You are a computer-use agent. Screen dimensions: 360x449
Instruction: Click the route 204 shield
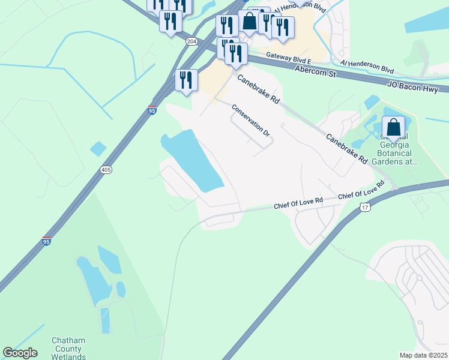(191, 41)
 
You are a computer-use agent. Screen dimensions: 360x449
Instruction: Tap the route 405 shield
(106, 170)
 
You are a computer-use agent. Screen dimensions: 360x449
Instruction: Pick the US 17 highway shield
(365, 207)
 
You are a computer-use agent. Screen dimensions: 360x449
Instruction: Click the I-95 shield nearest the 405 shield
(152, 110)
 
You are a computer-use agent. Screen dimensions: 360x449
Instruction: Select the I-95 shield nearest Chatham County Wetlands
(47, 241)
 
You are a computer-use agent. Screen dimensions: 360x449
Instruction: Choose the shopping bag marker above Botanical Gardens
(393, 128)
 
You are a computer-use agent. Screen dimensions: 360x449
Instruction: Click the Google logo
(20, 353)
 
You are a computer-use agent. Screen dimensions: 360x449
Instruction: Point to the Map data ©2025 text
(423, 355)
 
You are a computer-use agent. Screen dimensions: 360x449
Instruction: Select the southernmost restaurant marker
(186, 80)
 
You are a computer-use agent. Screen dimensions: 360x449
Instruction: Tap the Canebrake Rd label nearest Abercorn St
(259, 90)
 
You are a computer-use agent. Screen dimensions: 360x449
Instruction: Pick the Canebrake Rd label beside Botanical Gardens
(346, 148)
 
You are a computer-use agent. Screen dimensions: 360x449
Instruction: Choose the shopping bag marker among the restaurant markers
(249, 22)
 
